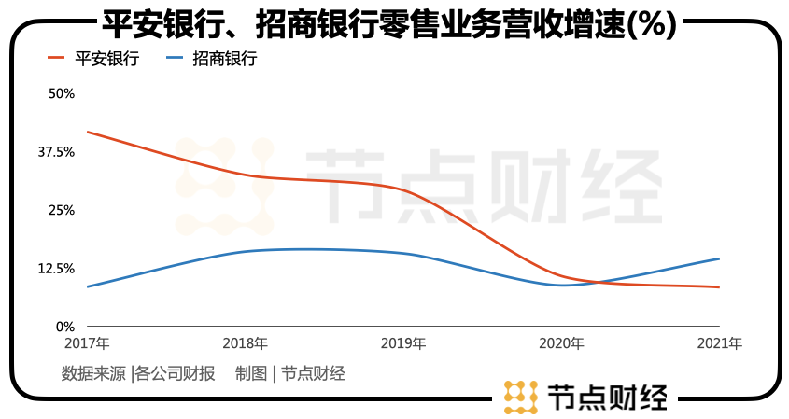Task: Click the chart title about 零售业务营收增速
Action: (387, 23)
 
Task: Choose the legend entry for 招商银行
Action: (210, 59)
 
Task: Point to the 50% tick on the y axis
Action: (61, 93)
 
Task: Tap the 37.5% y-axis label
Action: (56, 152)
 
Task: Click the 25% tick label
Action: (61, 210)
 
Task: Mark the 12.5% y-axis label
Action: (56, 269)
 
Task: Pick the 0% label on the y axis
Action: (64, 327)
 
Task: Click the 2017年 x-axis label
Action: (86, 343)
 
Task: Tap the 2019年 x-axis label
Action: (403, 343)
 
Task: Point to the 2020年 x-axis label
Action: (561, 343)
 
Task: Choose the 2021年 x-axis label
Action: (720, 343)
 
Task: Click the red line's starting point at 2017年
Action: (87, 132)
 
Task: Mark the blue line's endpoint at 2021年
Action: (719, 258)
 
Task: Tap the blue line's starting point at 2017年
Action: (87, 286)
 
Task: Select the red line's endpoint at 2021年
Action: (719, 287)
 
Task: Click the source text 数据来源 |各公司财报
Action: (138, 374)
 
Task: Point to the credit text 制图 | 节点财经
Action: (290, 374)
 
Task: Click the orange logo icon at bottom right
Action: (520, 397)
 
